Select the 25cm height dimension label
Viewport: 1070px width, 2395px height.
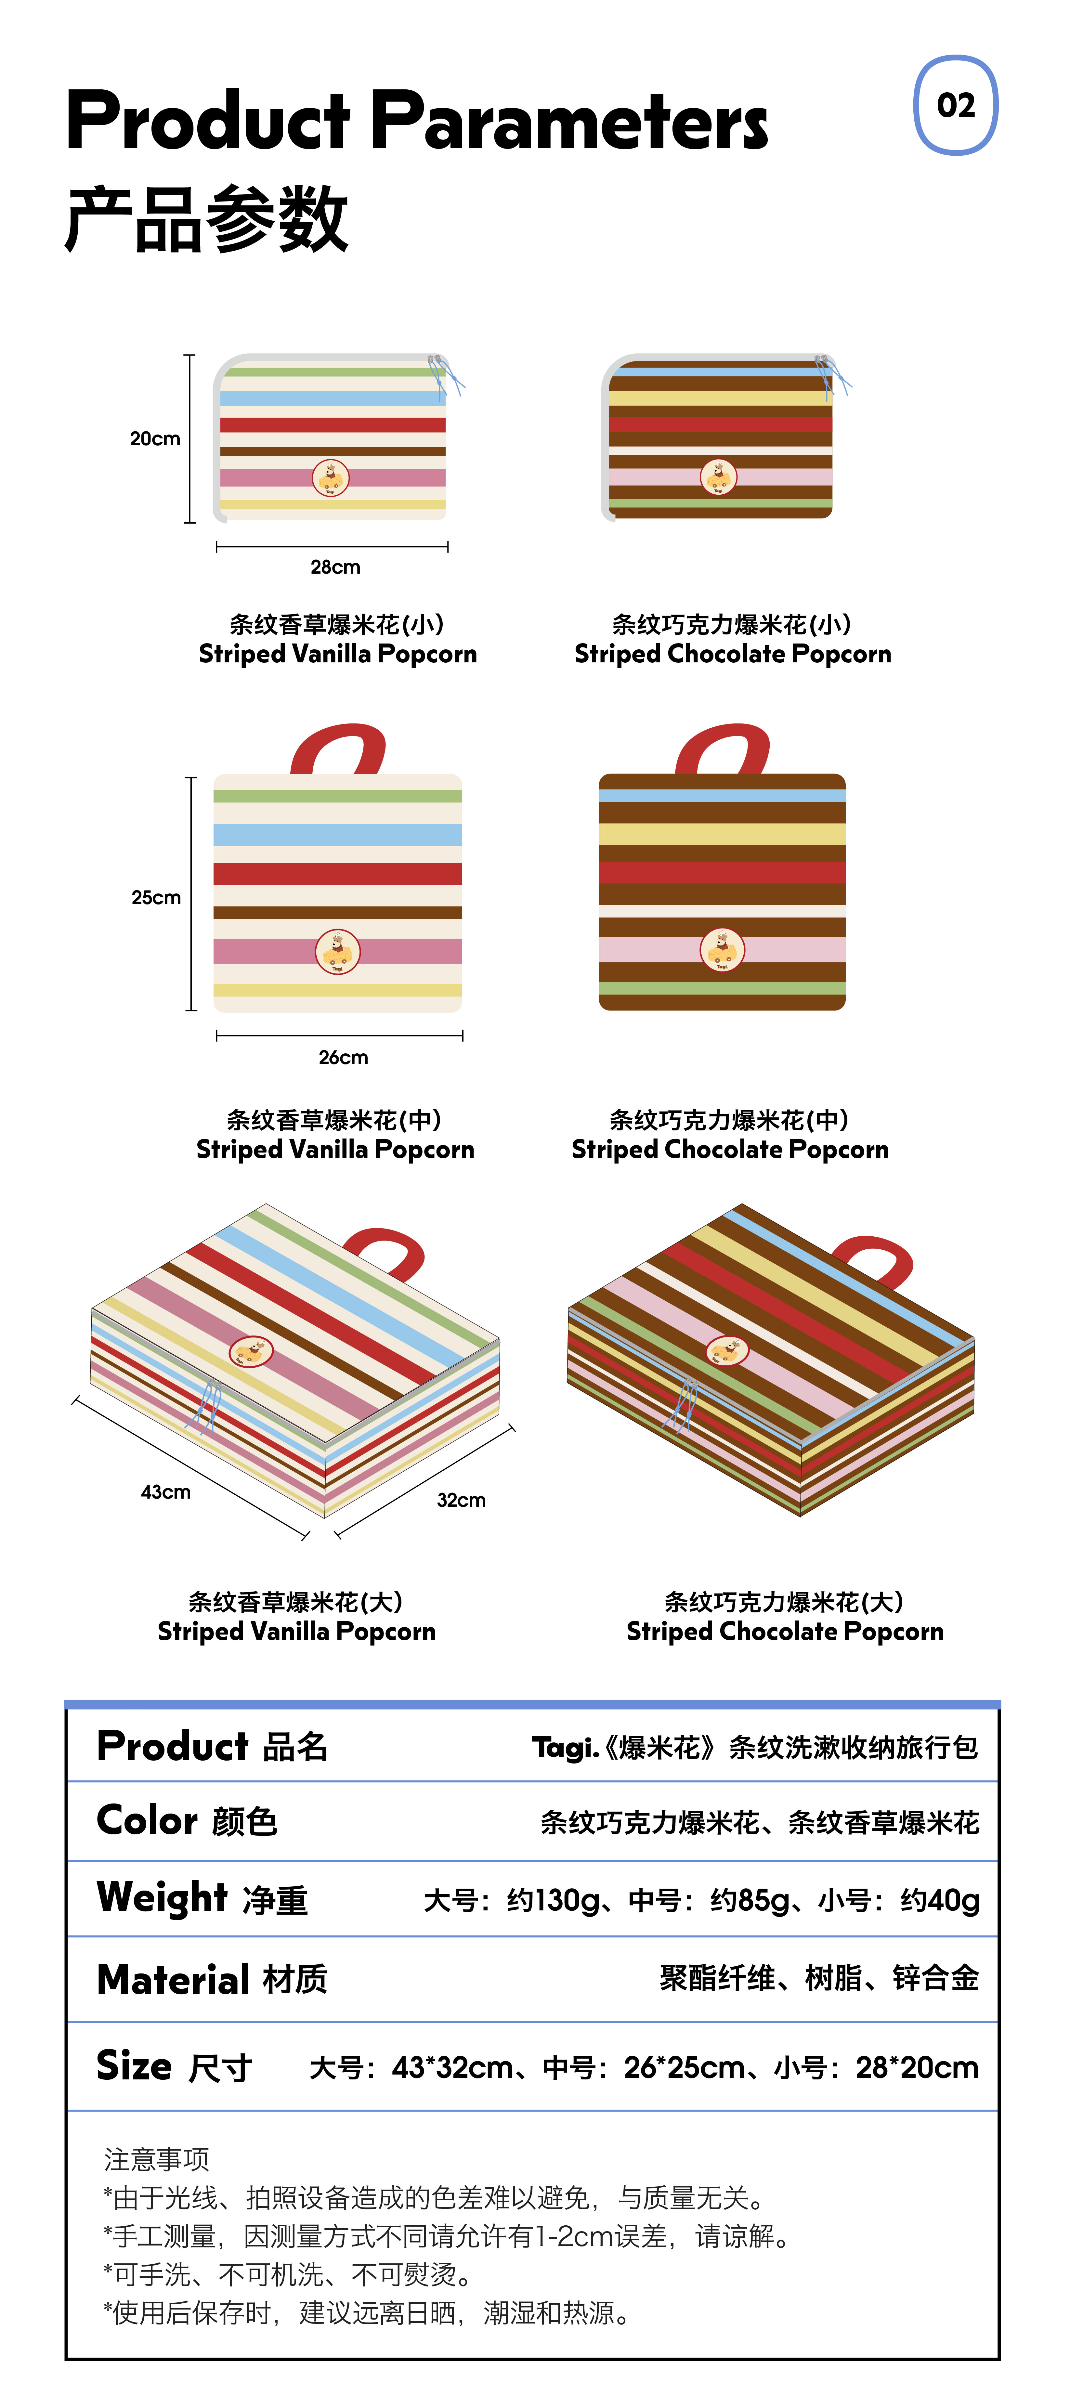point(156,897)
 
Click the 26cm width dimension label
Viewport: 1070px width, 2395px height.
point(343,1057)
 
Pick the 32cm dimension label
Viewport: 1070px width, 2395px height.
point(461,1500)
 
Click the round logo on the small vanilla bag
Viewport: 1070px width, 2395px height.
point(330,478)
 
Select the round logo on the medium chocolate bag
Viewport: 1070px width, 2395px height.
point(722,949)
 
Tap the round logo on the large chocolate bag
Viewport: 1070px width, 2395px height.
point(727,1350)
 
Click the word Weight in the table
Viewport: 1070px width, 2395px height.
point(162,1897)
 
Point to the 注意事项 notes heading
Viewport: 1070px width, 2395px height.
point(156,2159)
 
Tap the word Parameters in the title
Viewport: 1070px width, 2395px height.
point(569,121)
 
